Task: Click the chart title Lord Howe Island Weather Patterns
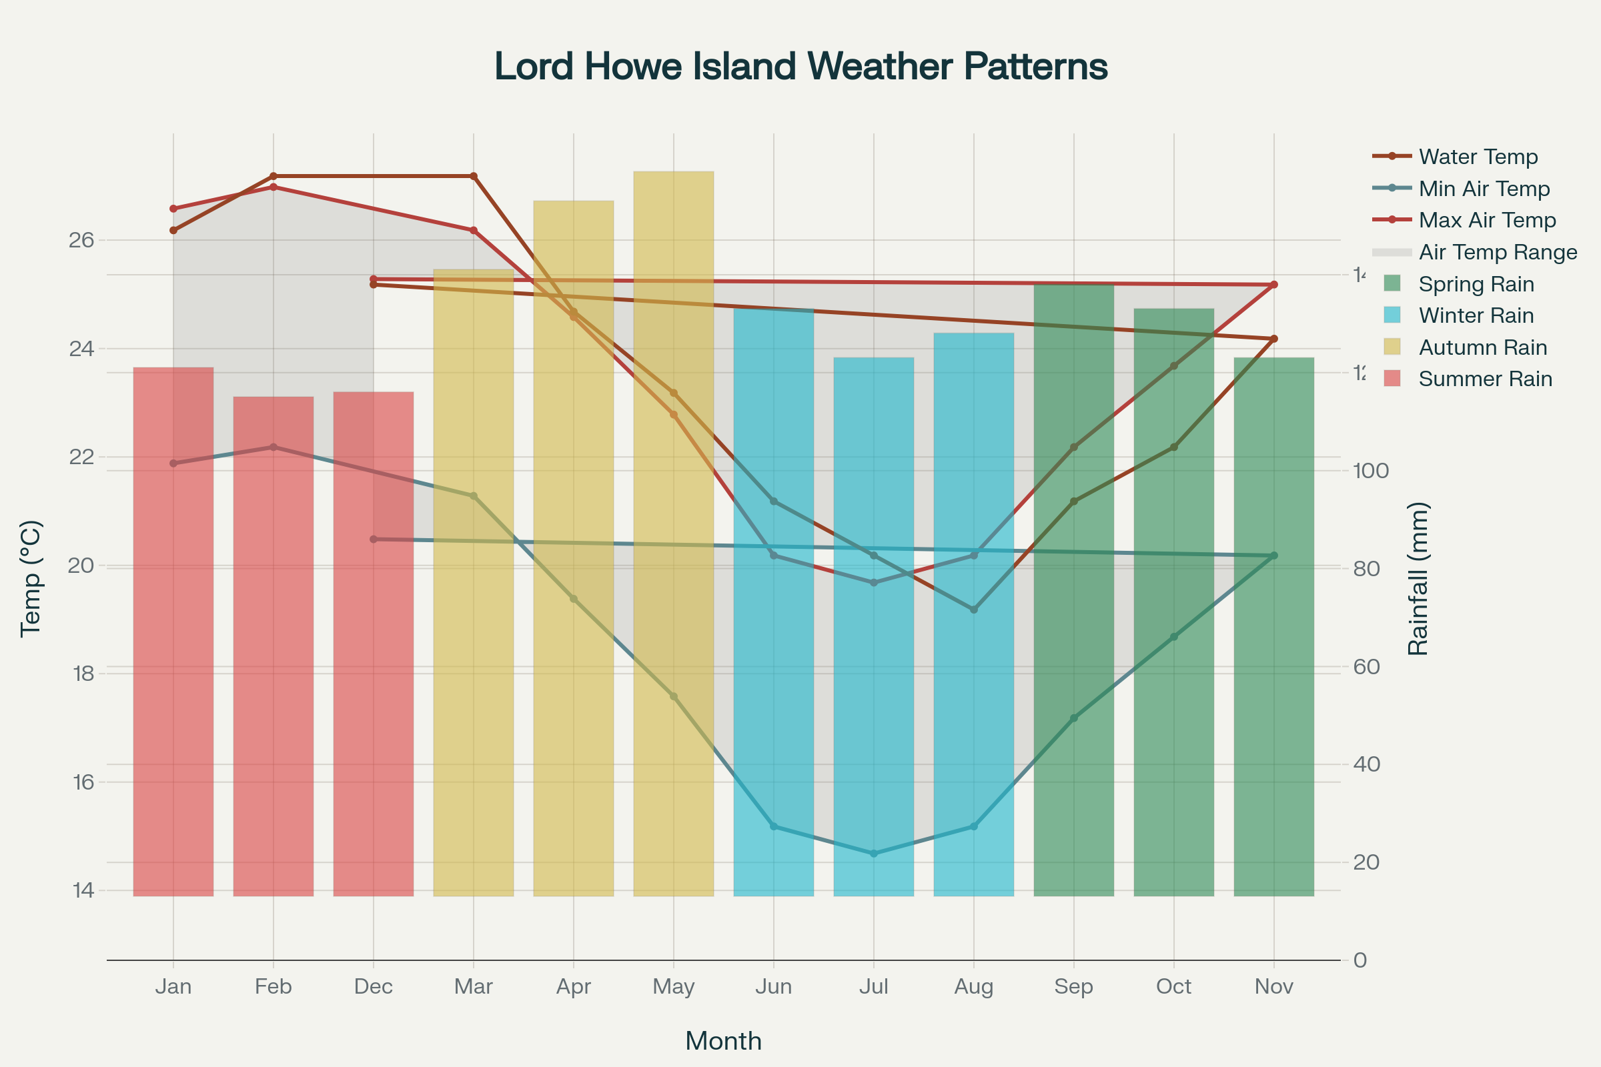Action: (x=800, y=67)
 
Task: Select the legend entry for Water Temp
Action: (x=1478, y=157)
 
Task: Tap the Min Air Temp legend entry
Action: (x=1484, y=189)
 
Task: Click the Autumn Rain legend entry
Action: (x=1482, y=347)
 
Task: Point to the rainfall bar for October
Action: (x=1173, y=680)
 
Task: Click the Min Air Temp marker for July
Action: (x=874, y=854)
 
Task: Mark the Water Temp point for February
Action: (x=274, y=176)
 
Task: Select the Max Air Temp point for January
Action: (x=173, y=208)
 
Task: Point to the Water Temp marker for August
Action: (x=973, y=610)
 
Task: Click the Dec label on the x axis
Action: (x=373, y=986)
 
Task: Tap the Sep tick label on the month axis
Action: (x=1073, y=986)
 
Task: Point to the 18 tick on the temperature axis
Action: (x=83, y=674)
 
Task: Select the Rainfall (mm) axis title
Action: (x=1418, y=579)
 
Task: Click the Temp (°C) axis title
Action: (x=31, y=579)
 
